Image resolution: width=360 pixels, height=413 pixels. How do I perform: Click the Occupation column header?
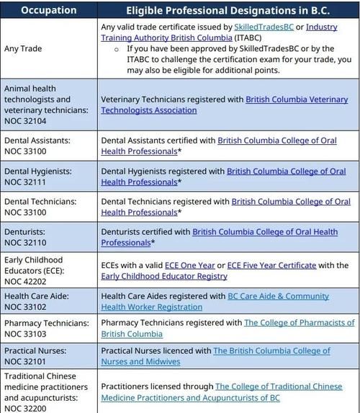point(48,10)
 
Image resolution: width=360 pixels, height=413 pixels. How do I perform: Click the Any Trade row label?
point(23,48)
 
